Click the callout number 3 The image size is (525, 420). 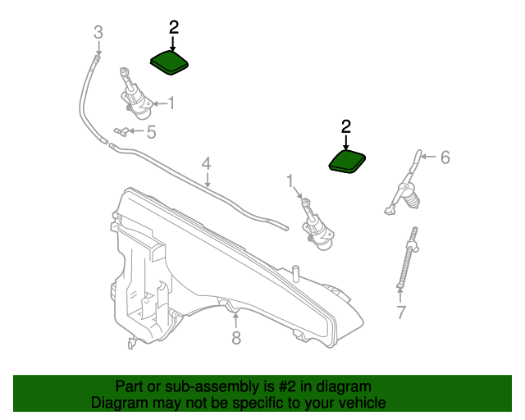[98, 33]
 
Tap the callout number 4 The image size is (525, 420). [207, 163]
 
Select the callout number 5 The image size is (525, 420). [151, 130]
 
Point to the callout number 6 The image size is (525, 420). [445, 157]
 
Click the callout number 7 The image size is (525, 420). [400, 312]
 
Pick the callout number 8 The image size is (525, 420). [236, 337]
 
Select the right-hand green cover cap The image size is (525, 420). [348, 162]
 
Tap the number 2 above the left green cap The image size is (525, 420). [173, 27]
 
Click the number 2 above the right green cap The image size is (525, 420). [345, 126]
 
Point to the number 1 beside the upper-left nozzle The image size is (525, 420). [171, 103]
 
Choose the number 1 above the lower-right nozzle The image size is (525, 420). [290, 180]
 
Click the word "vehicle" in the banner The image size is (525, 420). [358, 404]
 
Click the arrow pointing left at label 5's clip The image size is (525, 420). [135, 130]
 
